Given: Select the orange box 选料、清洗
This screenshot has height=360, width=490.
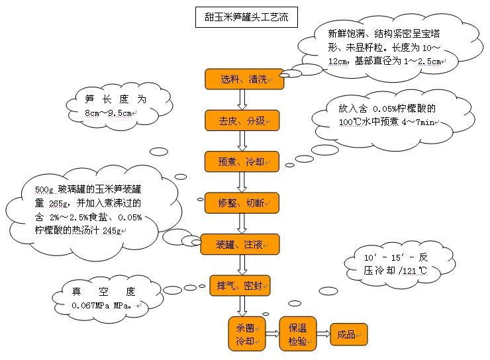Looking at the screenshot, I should [242, 79].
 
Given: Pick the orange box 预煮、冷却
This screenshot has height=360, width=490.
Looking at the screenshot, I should [242, 161].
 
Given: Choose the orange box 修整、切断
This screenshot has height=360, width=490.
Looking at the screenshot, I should [242, 203].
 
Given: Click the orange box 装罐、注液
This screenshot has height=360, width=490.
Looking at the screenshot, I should [242, 244].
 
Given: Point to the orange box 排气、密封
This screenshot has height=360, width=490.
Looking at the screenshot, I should [242, 286].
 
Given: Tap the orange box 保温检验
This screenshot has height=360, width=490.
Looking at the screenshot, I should [297, 334].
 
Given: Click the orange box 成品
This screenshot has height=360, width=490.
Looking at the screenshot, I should [348, 334].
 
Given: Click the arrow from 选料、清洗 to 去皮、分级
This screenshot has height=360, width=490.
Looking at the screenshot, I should [242, 100].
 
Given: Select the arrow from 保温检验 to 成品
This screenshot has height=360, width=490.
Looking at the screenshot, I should [323, 334].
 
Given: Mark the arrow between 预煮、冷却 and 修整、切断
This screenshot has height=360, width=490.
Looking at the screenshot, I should [242, 182].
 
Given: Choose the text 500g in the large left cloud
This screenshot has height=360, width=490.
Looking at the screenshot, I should [44, 191].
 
